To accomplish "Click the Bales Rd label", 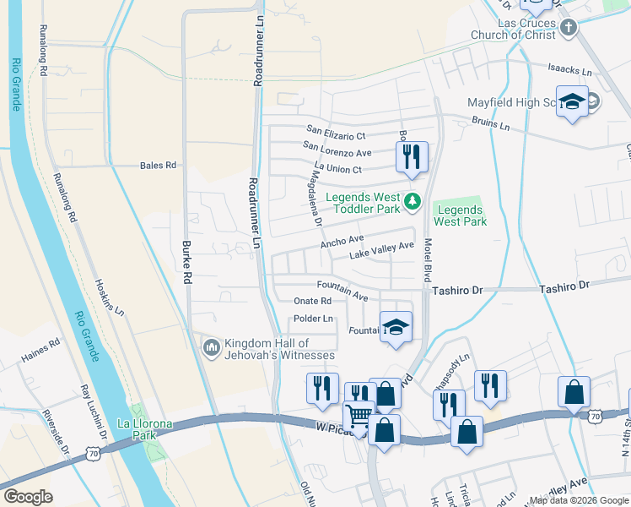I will [158, 166].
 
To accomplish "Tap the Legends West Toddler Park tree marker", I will [413, 200].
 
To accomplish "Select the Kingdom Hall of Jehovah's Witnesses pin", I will [211, 346].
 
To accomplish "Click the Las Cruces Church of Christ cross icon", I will [569, 28].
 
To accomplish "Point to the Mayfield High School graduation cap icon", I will [572, 102].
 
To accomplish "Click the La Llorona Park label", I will [134, 429].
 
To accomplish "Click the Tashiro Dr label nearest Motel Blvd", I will [456, 290].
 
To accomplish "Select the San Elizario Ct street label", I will [336, 134].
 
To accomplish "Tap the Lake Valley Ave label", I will [382, 250].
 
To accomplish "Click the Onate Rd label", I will [312, 301].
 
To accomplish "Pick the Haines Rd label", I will [41, 350].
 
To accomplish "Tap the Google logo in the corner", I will [28, 497].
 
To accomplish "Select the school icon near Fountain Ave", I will [395, 326].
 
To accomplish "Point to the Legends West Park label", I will [460, 215].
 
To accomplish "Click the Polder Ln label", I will [313, 319].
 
